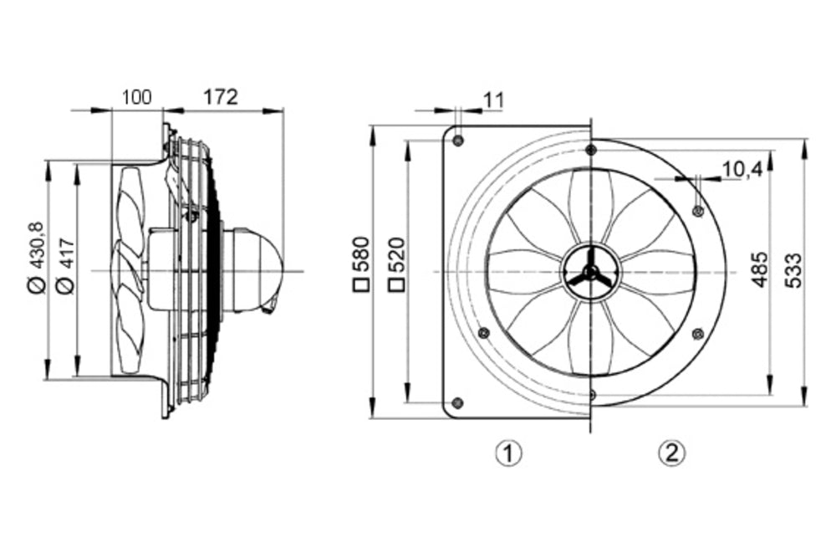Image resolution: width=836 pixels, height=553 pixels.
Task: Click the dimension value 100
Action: point(136,97)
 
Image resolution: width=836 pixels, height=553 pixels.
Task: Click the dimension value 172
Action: point(221,97)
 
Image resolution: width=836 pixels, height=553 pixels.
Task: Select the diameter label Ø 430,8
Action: point(34,257)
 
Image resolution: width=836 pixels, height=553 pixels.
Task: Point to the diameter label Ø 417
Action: point(67,265)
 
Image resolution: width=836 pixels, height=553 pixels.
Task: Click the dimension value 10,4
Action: point(742,170)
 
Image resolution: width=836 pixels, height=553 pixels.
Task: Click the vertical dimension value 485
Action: point(759,270)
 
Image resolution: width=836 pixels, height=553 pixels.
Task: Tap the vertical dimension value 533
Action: point(794,270)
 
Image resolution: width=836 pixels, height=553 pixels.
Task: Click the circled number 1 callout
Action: point(508,454)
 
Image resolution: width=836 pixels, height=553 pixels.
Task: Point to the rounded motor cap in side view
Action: point(265,270)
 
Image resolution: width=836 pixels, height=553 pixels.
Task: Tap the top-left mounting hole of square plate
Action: point(457,139)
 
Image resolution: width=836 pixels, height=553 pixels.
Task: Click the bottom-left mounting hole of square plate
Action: point(456,403)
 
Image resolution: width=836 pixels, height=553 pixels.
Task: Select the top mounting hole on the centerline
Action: point(591,150)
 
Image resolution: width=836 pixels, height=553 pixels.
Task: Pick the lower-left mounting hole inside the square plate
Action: point(482,333)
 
